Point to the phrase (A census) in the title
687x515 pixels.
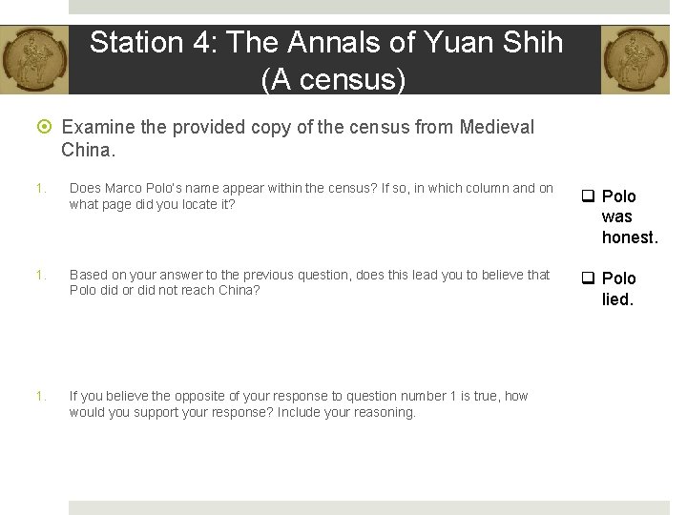[x=333, y=80]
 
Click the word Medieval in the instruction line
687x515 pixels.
[x=496, y=127]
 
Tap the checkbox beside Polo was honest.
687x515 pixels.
[x=589, y=196]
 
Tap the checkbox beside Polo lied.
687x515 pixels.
[x=589, y=278]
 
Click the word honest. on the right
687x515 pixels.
[x=630, y=237]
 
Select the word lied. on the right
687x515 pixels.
[x=617, y=299]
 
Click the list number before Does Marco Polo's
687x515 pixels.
[x=39, y=189]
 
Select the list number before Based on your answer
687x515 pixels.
[x=39, y=276]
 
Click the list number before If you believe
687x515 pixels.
[x=39, y=397]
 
